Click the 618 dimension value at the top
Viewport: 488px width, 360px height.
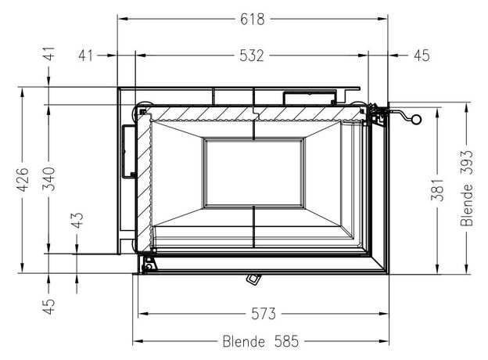click(253, 20)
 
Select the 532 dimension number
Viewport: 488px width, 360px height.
click(252, 56)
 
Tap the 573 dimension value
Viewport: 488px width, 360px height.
click(264, 314)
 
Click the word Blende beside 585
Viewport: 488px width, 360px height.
click(244, 341)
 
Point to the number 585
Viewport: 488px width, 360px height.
click(286, 341)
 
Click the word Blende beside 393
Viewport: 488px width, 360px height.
click(467, 205)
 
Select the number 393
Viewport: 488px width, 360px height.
click(467, 162)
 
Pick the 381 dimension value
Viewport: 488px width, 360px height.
click(437, 189)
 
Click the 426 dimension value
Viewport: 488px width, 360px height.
click(23, 180)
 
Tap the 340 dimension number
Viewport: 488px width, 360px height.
click(48, 179)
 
